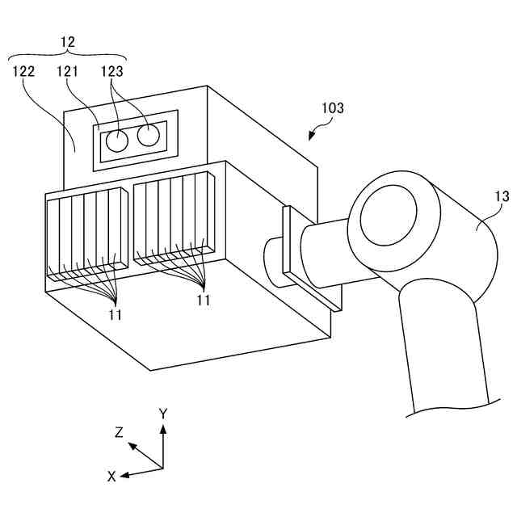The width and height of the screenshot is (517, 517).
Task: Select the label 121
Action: (68, 71)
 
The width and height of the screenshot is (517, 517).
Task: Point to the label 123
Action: (112, 71)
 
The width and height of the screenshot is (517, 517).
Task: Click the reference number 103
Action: (332, 107)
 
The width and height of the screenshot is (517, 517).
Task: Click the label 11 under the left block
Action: (116, 314)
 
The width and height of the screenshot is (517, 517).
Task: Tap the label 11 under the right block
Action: (203, 300)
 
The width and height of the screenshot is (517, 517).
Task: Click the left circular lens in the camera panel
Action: (118, 141)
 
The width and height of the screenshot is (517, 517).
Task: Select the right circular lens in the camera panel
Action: (148, 136)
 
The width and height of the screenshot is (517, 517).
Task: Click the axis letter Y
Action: (163, 413)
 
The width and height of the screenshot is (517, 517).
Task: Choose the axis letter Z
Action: (119, 432)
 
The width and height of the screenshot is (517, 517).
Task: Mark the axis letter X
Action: (112, 476)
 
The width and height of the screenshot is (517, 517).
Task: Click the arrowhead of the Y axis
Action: (163, 428)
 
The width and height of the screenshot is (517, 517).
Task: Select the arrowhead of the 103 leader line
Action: (309, 138)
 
